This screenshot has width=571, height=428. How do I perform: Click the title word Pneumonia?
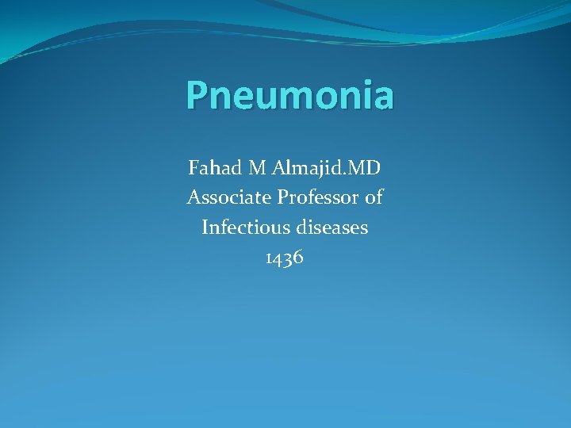click(289, 96)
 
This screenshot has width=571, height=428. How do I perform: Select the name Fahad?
click(215, 168)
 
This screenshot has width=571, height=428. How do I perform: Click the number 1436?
click(285, 258)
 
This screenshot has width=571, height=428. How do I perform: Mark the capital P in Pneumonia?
click(197, 96)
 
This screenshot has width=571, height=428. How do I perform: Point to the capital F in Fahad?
click(194, 168)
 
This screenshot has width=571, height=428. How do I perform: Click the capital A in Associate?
click(193, 197)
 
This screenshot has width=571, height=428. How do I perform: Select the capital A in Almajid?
click(278, 168)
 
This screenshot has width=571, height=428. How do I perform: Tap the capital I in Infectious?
click(205, 227)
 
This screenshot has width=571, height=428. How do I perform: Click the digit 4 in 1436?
click(279, 258)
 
